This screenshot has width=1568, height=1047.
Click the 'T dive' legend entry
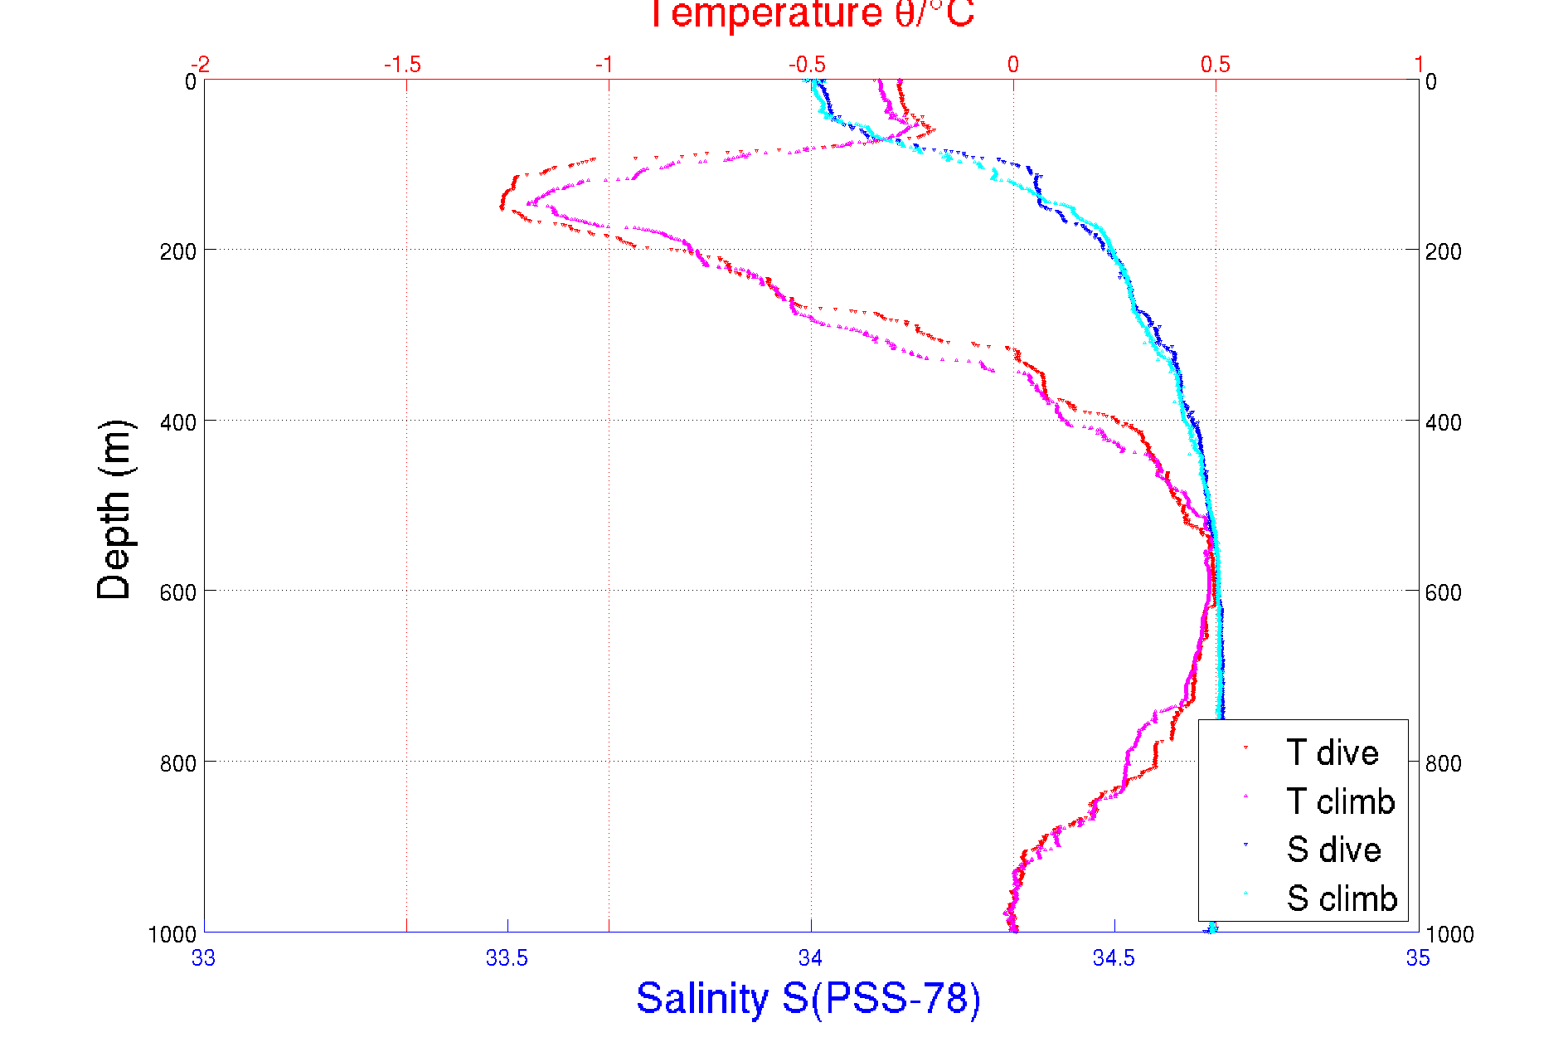1332,752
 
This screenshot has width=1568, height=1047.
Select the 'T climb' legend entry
1340,801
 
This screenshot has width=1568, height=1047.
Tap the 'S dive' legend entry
1333,850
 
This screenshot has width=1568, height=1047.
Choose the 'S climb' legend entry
1341,898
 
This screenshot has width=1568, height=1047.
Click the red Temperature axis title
811,14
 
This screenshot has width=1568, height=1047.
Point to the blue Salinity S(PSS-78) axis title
808,998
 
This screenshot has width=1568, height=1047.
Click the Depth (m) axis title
114,509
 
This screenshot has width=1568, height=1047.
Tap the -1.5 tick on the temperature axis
403,65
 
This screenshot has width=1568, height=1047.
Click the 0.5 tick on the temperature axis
1216,65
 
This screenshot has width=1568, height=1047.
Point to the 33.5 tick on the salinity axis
507,958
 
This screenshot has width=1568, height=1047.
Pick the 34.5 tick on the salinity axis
1114,958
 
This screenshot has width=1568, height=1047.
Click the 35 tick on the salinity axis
1418,958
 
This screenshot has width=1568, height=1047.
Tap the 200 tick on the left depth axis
177,251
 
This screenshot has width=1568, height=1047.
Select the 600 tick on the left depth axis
177,592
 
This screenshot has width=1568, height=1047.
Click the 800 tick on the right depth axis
1444,763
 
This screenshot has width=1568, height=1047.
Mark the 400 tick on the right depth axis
1444,422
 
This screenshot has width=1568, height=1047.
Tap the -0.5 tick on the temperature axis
807,65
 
